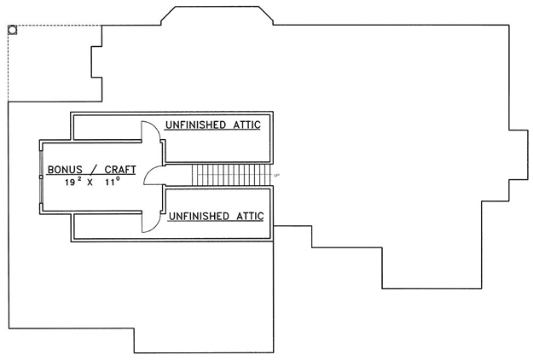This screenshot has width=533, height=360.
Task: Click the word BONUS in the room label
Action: [x=65, y=169]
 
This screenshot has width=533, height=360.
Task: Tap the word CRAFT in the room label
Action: [x=120, y=169]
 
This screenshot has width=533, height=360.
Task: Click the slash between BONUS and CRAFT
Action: [x=94, y=169]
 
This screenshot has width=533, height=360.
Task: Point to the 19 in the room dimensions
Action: [x=70, y=183]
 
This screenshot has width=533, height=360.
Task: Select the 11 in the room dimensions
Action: [x=110, y=183]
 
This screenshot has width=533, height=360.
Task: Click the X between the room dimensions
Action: [x=90, y=183]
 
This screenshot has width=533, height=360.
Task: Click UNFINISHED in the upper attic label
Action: [x=195, y=125]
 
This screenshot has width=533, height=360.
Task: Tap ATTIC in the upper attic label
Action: [x=246, y=125]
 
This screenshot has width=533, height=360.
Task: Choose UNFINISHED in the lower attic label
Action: [x=199, y=216]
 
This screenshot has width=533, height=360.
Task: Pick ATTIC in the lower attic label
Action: [x=250, y=216]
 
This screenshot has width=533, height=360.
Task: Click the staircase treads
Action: [x=231, y=175]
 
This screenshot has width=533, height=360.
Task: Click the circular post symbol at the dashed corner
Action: [x=13, y=30]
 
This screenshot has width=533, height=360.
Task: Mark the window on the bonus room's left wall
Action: [x=41, y=177]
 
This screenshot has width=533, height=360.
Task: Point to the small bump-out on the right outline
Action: [x=519, y=154]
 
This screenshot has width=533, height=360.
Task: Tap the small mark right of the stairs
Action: [x=276, y=175]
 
